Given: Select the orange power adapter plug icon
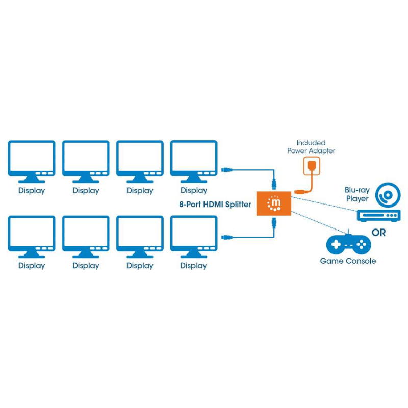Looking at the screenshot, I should pos(311,166).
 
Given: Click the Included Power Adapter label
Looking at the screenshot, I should pos(311,147).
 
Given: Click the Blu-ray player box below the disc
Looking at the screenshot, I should pos(378,215).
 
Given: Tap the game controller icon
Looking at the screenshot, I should pos(348,244).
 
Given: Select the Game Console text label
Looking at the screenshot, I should pos(348,261).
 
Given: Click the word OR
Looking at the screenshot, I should pos(378,233).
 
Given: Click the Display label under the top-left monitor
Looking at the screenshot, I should pos(32,191).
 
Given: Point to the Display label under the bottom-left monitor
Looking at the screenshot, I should pos(32,266).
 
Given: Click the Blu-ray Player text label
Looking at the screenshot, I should pos(357,194).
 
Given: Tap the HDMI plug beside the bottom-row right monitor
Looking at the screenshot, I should pos(227,237).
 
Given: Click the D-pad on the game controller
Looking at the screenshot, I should pos(336,245).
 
